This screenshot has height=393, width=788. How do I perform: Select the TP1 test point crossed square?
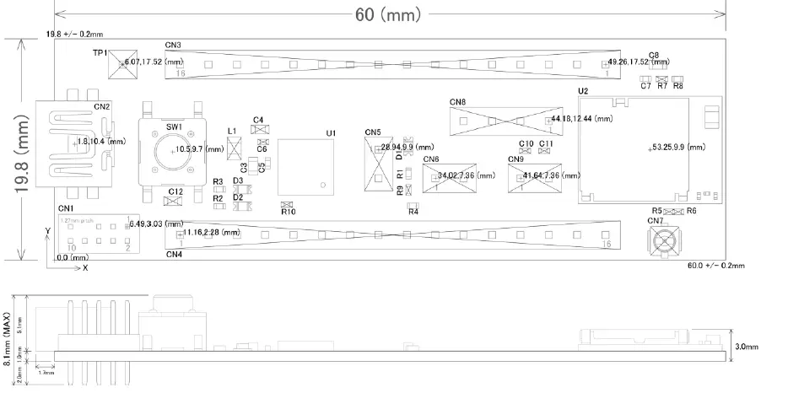coord(123,63)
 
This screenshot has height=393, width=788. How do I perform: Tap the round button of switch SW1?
coord(173,151)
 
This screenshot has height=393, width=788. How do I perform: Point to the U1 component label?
coord(330,133)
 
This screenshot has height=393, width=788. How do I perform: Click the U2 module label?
coord(582,90)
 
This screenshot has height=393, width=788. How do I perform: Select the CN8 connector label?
coord(457,102)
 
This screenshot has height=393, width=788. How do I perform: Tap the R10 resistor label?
coord(288,212)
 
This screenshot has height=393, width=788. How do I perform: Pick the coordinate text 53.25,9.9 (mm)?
coord(678,148)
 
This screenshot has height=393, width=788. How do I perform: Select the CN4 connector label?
coord(174,253)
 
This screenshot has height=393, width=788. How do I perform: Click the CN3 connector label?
coord(173,44)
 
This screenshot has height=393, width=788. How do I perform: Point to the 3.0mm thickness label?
coord(747,347)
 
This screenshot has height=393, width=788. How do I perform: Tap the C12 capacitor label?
coord(175,192)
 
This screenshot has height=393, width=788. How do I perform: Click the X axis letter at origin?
coord(84,267)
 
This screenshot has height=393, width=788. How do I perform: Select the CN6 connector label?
coord(430,159)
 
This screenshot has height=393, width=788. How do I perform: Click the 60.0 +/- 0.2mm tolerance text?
coord(716,266)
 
